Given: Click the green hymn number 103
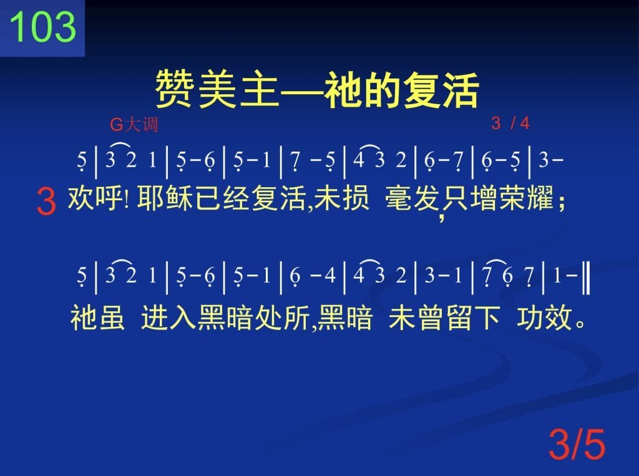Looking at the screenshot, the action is click(x=42, y=26).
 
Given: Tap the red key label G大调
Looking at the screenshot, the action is click(x=134, y=124).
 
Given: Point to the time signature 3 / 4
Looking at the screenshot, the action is click(x=510, y=123).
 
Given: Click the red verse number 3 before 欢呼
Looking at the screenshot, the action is click(x=46, y=202).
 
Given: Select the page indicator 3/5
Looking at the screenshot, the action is click(x=577, y=444).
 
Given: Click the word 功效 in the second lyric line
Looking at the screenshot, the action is click(x=544, y=318).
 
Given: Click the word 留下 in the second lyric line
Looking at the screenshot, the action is click(x=473, y=318).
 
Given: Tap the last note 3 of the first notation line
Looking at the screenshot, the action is click(x=544, y=160).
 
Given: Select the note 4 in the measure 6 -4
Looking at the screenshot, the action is click(x=330, y=276).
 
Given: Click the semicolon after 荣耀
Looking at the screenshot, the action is click(x=562, y=201).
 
